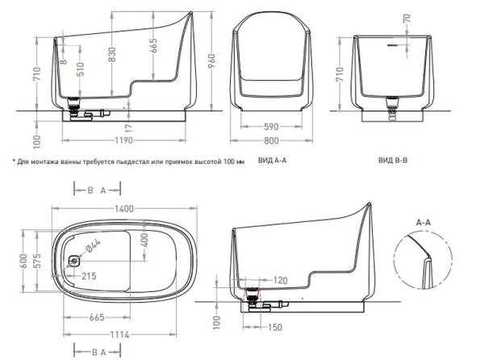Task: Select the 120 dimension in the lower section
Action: [x=280, y=280]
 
